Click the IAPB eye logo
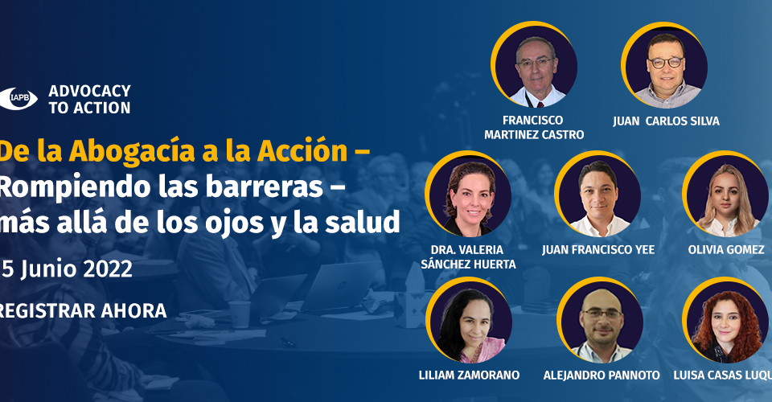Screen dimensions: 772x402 click(x=18, y=98)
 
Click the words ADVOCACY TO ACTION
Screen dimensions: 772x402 click(x=89, y=100)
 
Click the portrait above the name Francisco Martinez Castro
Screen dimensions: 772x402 click(x=534, y=64)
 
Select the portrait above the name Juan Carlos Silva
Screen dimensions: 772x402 click(x=664, y=65)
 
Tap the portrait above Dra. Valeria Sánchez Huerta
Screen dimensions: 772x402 click(x=468, y=194)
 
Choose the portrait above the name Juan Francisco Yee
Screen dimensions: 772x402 click(x=597, y=194)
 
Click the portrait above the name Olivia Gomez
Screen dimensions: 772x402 click(x=725, y=194)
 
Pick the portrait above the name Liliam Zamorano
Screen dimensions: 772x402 click(x=469, y=320)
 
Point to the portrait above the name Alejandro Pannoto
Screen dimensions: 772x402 click(x=600, y=320)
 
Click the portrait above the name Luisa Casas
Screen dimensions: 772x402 click(x=725, y=320)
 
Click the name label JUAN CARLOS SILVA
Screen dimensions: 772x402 click(x=666, y=121)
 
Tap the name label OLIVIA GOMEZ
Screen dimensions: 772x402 click(x=726, y=250)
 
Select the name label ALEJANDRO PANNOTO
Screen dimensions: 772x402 click(x=602, y=375)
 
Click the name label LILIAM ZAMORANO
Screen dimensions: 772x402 click(x=469, y=375)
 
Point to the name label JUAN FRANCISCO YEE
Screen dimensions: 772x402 click(x=598, y=250)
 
